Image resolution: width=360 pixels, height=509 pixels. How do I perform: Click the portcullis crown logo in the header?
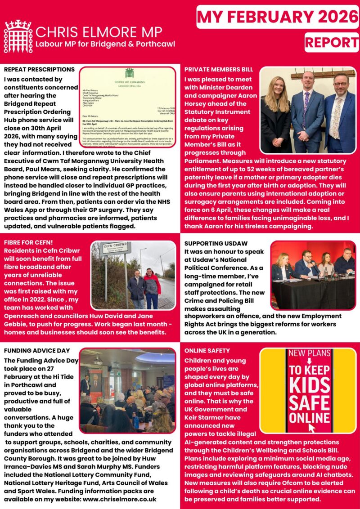tap(18, 36)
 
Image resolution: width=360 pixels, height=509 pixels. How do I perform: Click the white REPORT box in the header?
tap(331, 42)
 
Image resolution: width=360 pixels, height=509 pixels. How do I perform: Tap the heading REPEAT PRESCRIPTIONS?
tap(39, 70)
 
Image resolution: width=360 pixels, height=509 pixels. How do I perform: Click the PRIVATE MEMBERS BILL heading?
tap(219, 70)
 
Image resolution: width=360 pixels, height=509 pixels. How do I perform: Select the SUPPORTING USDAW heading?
tap(214, 243)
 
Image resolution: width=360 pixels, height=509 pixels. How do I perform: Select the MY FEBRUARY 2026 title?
tap(277, 17)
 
